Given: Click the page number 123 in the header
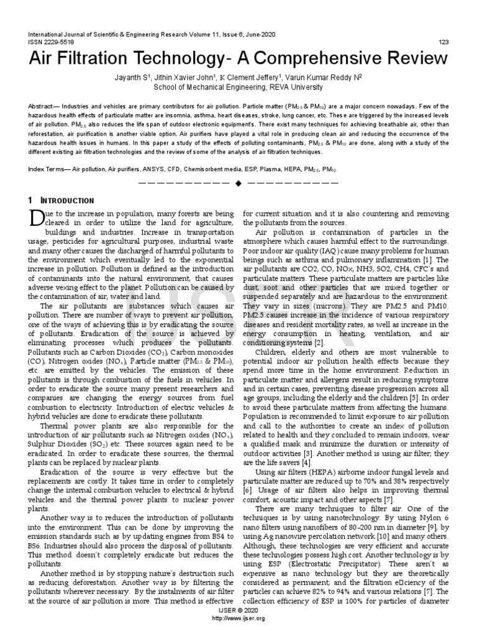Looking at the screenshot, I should pos(443,42).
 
